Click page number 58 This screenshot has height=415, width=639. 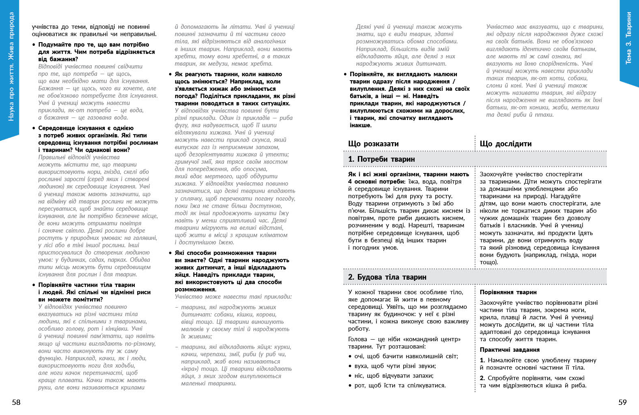click(16, 402)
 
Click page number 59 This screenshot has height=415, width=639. click(622, 402)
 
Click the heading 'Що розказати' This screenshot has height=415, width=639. click(373, 144)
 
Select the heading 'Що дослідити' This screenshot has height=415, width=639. click(506, 144)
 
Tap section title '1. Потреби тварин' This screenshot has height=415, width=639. click(381, 159)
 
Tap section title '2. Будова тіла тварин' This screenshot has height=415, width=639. click(387, 277)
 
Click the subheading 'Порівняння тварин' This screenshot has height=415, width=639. click(508, 292)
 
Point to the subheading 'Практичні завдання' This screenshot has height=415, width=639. click(510, 350)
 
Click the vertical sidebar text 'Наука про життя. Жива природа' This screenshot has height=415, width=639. click(11, 67)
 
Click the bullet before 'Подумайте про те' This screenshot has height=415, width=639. click(34, 45)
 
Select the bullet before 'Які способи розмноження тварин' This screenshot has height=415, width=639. click(170, 253)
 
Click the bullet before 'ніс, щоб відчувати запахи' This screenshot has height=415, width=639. click(350, 376)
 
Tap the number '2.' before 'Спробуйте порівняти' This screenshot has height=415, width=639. click(482, 378)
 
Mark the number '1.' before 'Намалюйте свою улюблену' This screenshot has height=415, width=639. click(482, 360)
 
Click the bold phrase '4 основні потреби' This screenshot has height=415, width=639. click(375, 182)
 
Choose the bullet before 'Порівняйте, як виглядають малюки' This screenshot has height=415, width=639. click(345, 75)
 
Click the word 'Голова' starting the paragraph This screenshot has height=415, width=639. click(357, 339)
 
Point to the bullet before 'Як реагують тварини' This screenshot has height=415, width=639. click(170, 75)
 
